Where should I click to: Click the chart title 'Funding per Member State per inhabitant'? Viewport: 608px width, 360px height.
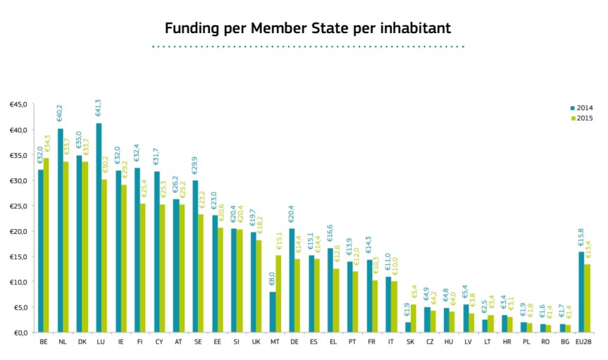click(x=307, y=28)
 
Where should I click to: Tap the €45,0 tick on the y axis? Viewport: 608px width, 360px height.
click(x=18, y=104)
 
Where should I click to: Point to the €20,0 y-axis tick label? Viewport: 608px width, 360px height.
click(x=18, y=231)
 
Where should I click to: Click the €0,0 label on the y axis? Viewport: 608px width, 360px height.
click(x=20, y=333)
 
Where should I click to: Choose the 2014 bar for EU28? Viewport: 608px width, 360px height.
click(x=581, y=292)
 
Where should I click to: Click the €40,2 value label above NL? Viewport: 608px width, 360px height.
click(x=61, y=115)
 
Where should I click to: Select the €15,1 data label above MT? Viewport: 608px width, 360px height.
click(x=278, y=242)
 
